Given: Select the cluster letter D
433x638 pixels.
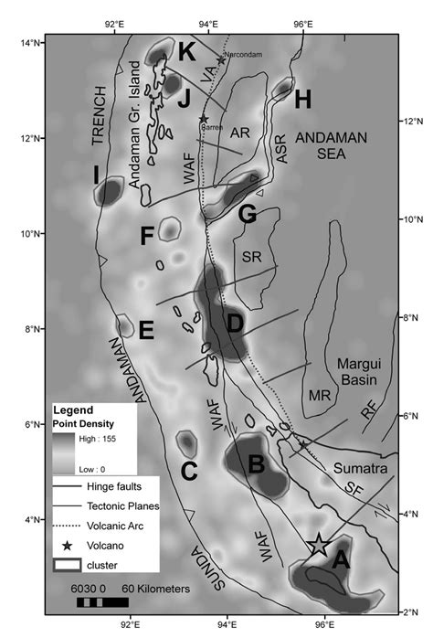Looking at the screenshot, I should pos(235,324).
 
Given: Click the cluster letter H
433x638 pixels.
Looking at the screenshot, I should pos(303,98).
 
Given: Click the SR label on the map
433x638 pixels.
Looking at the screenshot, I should pos(252,257).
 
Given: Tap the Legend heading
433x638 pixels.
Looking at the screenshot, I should pos(74,410).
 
